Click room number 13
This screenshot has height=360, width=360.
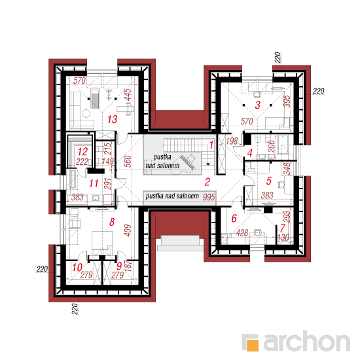point(113,119)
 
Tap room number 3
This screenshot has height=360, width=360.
point(258,105)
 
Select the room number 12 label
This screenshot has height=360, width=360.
point(82,152)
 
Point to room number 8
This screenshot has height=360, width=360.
point(112,222)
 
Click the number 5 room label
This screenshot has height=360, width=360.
point(269,181)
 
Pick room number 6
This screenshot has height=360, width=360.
point(234,219)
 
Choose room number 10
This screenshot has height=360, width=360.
point(77,268)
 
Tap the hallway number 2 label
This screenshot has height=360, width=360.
point(207,182)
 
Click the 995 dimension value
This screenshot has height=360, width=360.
point(209,197)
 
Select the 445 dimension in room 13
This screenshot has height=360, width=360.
point(128,95)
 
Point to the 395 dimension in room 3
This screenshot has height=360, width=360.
point(287,101)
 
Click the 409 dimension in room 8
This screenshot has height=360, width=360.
point(128,230)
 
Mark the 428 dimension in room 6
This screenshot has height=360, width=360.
point(242,233)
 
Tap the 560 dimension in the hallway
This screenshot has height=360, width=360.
point(128,162)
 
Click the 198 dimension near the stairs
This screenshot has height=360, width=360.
point(232,141)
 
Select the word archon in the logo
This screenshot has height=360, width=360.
point(307,342)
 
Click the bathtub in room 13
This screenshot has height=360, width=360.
point(95,99)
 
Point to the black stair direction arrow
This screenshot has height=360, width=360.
point(208,164)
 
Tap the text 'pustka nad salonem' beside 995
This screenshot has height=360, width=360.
point(172,196)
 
